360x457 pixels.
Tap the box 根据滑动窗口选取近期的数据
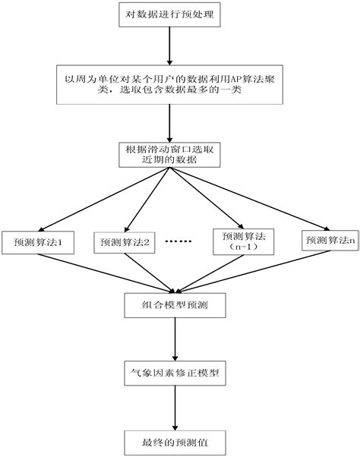pyautogui.click(x=170, y=155)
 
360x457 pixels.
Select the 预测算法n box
pyautogui.click(x=329, y=240)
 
